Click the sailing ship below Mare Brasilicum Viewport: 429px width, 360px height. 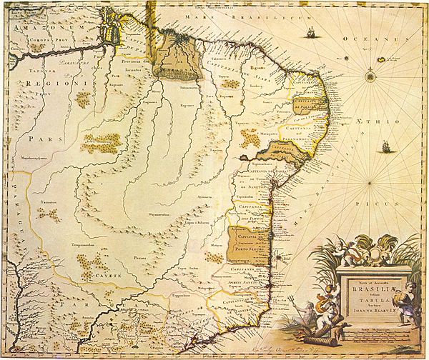tap(313, 32)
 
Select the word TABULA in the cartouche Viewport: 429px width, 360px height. tap(362, 301)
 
